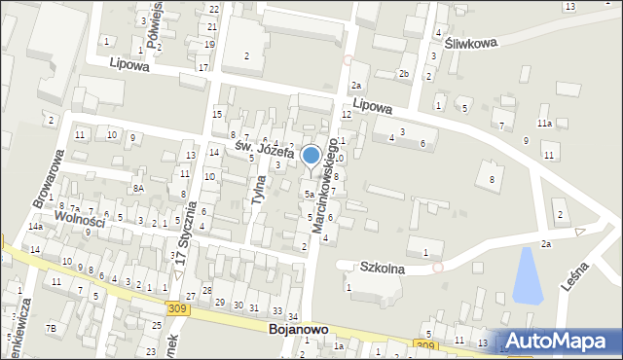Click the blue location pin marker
coord(311,157)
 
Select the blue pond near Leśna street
coord(526,273)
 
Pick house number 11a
coord(544,124)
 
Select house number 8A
coord(139,189)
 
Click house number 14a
coord(35,227)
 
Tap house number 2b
coord(403,74)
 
